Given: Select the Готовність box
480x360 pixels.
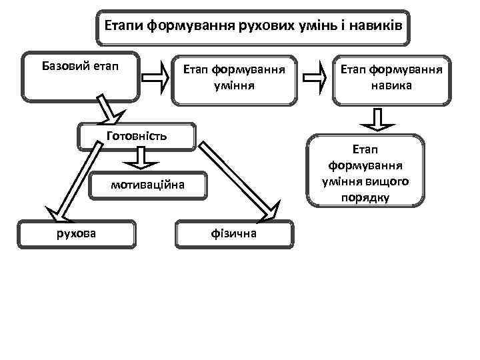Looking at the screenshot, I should pyautogui.click(x=136, y=137).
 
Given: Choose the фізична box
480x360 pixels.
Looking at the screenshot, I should pyautogui.click(x=233, y=234).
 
